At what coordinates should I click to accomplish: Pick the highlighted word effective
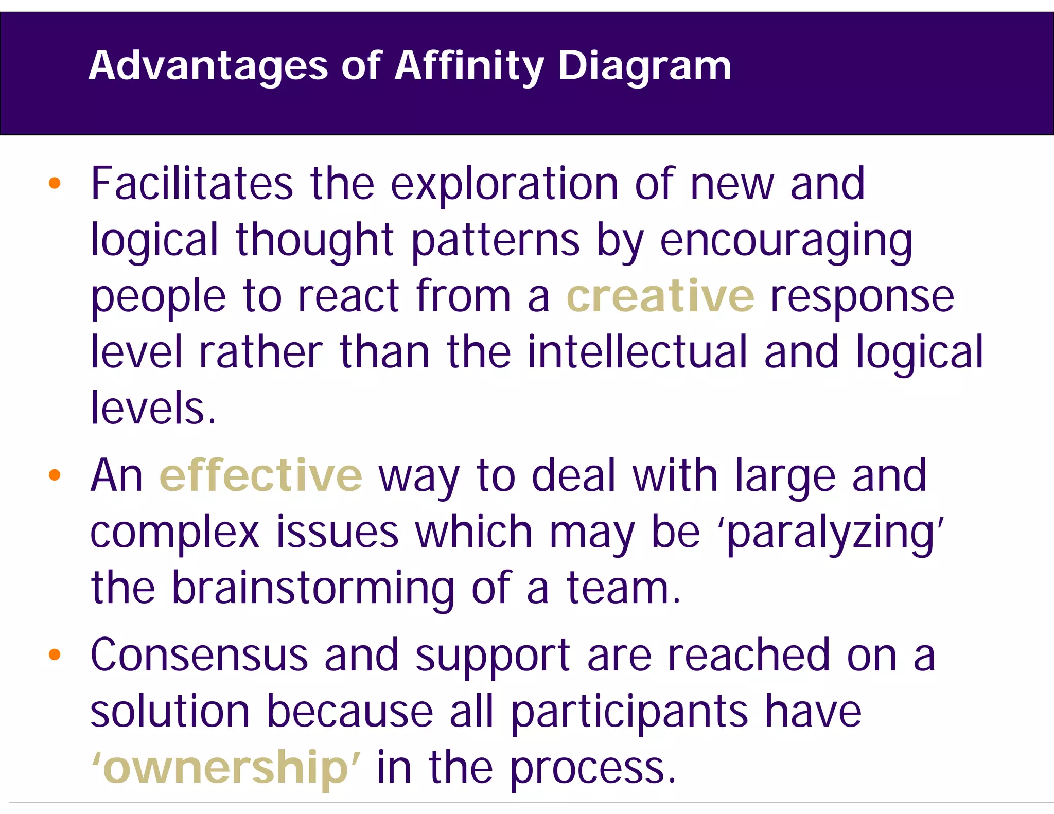point(261,475)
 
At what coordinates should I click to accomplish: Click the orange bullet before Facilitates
point(55,183)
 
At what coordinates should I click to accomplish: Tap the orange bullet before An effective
point(55,475)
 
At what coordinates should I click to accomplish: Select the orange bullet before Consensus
point(55,654)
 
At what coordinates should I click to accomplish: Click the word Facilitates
point(191,184)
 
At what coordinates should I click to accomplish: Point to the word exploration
point(504,184)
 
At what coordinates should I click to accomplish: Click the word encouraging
point(786,241)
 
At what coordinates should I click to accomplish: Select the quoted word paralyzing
point(833,533)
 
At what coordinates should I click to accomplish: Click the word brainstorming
point(313,589)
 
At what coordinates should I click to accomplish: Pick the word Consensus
point(199,656)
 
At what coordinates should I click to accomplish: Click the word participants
point(629,713)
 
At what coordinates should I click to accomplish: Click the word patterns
point(495,241)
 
